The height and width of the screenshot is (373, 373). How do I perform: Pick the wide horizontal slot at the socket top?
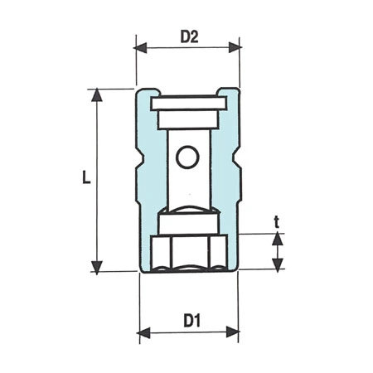[x=187, y=104]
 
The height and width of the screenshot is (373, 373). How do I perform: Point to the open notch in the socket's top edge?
[x=187, y=91]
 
